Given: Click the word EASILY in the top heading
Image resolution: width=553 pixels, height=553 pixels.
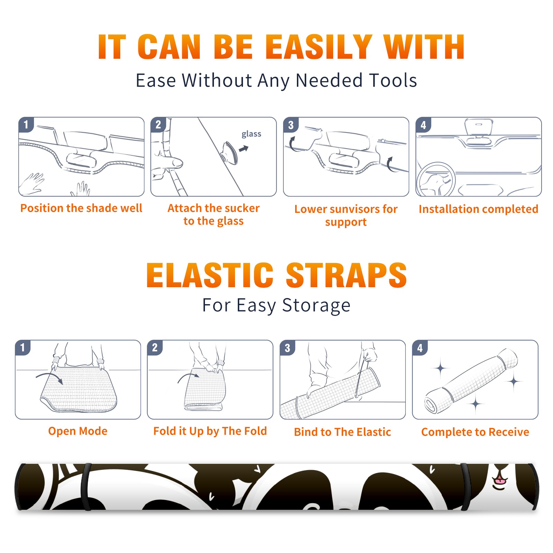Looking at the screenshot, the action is pos(319,47).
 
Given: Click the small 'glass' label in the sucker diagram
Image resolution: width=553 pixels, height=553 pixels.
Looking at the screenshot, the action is pos(251,134).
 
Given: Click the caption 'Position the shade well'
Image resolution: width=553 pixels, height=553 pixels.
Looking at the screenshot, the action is pos(81,208).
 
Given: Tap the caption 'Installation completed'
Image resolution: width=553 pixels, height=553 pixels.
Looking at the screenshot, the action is pos(478,209).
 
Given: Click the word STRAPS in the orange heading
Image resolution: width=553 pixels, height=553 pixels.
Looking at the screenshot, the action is pos(346,275).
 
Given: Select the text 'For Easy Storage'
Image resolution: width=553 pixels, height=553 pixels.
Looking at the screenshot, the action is pos(276,306).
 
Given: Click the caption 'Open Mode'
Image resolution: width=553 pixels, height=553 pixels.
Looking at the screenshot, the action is pos(78,431).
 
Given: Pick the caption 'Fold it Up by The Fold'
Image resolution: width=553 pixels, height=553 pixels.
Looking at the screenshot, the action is pos(210,431).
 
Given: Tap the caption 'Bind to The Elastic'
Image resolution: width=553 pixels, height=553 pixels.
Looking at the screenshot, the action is pos(343,432).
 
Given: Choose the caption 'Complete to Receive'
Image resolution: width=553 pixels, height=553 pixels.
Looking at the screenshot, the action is pos(475,432).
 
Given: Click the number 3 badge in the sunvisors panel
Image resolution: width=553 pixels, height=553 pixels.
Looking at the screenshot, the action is pos(291,125).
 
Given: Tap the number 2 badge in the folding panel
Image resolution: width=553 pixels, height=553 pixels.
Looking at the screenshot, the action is pos(154,348).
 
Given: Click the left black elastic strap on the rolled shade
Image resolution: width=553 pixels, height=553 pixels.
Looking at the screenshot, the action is pos(86,487).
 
